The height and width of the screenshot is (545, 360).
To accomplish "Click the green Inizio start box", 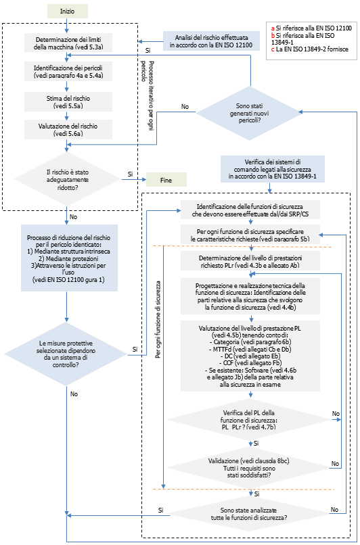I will [68, 11].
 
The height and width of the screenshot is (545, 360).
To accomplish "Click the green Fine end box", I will [165, 181].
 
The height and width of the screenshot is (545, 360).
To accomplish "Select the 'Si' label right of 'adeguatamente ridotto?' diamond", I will [129, 174].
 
